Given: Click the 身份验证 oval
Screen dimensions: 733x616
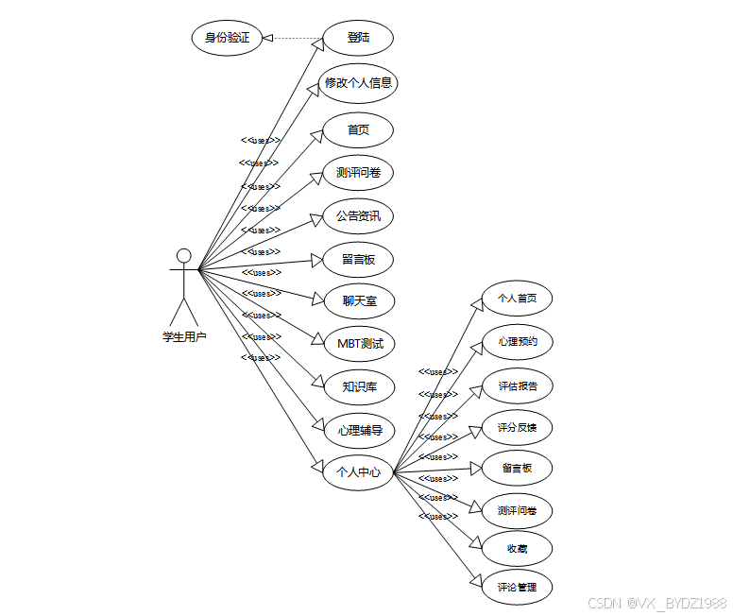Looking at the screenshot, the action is pos(227,39).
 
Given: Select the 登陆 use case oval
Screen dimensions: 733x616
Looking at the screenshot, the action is pos(357,39).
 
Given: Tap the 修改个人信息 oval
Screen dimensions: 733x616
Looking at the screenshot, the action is pos(358,83).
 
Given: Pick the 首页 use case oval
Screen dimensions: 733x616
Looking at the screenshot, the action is pos(357,130).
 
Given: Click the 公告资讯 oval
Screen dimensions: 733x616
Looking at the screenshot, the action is pos(357,216).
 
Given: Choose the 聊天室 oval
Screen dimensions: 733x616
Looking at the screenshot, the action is pos(357,301).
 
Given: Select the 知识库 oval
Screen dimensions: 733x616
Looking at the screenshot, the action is pos(358,386).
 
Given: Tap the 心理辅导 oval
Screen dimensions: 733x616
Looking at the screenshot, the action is pos(358,431).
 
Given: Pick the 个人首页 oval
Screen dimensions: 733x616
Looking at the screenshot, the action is pos(517,299).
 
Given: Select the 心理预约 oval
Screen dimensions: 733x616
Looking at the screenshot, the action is pos(517,342).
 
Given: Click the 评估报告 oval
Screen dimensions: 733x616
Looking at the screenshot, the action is pos(517,385).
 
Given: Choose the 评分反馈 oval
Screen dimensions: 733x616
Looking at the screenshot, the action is pos(517,428).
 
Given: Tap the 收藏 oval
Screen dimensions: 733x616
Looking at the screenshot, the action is pos(517,549).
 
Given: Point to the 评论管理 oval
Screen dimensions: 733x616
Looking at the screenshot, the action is pos(517,588).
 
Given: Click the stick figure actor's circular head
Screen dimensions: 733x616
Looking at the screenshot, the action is pos(184,255).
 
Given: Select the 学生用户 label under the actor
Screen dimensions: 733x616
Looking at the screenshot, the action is pos(184,336).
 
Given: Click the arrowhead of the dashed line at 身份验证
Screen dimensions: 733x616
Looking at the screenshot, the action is pos(268,39).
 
